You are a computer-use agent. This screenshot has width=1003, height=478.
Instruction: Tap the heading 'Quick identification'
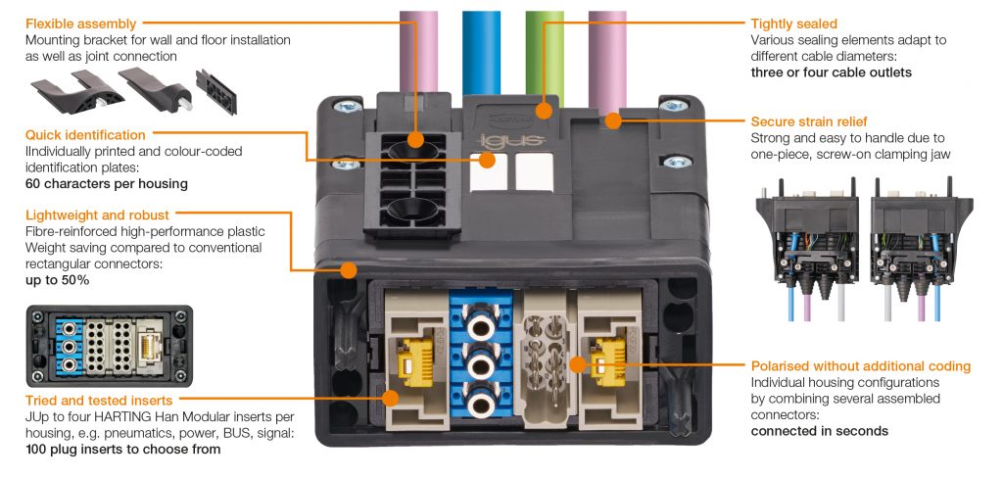coord(85,134)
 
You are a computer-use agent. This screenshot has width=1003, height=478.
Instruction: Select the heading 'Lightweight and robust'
coord(97,214)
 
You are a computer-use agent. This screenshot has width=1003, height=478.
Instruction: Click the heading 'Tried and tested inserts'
coord(100,400)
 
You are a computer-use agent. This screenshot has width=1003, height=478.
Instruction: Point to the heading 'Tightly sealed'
coord(793,24)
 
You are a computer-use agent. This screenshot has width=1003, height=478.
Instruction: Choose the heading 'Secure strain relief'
coord(808,121)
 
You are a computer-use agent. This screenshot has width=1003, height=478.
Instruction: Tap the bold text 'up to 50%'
coord(57,280)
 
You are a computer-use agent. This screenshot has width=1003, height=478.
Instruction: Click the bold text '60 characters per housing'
coord(106,183)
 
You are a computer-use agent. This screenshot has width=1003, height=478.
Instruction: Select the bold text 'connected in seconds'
coord(819,431)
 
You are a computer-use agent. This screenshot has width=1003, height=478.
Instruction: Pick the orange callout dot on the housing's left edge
coord(347,270)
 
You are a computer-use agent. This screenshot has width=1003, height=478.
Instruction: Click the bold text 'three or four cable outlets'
coord(831,72)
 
